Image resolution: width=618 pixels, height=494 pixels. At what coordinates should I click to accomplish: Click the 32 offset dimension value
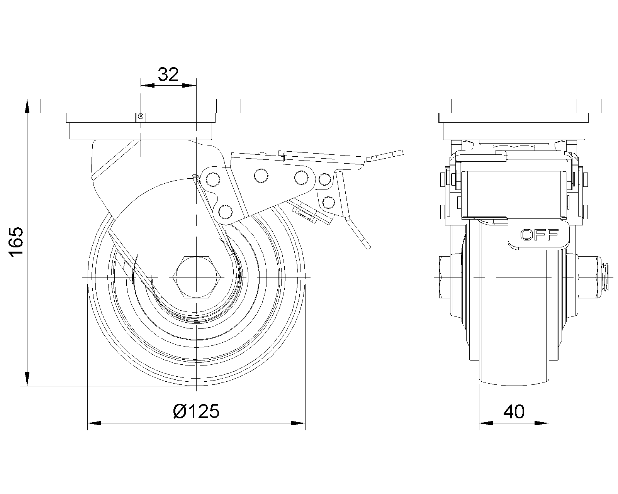click(168, 74)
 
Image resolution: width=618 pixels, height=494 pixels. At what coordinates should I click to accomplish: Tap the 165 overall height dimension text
click(16, 242)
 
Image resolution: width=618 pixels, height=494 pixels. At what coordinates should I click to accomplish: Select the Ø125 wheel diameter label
click(197, 411)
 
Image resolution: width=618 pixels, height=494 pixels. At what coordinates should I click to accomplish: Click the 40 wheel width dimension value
click(514, 412)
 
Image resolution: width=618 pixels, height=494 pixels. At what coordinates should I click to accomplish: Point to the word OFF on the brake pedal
click(539, 235)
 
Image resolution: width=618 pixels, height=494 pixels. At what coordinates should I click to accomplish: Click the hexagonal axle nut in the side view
click(197, 277)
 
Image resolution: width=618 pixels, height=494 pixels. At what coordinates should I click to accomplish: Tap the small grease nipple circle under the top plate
click(141, 116)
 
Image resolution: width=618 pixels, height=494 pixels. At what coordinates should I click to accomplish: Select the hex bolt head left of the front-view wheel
click(445, 277)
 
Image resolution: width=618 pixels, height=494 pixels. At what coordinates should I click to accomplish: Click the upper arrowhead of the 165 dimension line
click(27, 106)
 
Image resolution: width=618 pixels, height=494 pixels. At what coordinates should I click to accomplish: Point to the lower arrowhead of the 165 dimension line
click(27, 379)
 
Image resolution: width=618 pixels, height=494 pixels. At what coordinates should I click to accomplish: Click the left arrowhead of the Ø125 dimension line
click(95, 423)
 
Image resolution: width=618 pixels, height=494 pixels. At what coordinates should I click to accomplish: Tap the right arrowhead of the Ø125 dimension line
click(298, 423)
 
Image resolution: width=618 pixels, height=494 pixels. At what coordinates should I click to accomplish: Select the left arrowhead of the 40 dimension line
click(486, 423)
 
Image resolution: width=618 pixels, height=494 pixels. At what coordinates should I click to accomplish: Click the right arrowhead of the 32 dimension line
click(190, 86)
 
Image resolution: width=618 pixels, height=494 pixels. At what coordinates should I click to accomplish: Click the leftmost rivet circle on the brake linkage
click(213, 180)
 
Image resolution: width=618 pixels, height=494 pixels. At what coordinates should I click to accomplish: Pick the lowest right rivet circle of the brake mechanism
click(328, 202)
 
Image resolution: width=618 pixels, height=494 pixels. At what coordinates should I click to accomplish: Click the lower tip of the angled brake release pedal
click(368, 246)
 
